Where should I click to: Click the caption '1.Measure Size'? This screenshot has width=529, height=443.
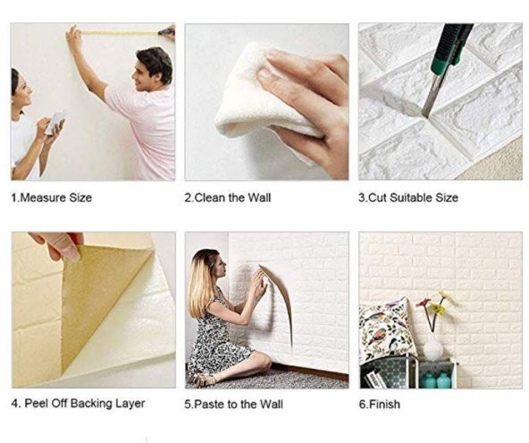point(51,197)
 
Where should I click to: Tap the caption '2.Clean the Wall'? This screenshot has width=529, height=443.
point(228,197)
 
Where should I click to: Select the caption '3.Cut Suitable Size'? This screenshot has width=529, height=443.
point(408,197)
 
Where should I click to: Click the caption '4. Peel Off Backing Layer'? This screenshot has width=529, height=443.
point(79,404)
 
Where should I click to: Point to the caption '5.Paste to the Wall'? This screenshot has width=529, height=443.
point(234,405)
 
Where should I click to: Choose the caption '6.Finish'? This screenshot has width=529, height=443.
point(379,405)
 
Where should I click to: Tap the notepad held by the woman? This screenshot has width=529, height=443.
point(55,121)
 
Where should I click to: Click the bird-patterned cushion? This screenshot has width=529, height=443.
point(387,330)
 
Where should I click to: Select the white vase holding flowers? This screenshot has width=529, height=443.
point(432,347)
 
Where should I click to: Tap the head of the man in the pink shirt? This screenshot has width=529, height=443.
point(153,69)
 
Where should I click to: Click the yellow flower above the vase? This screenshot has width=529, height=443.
point(437,307)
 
